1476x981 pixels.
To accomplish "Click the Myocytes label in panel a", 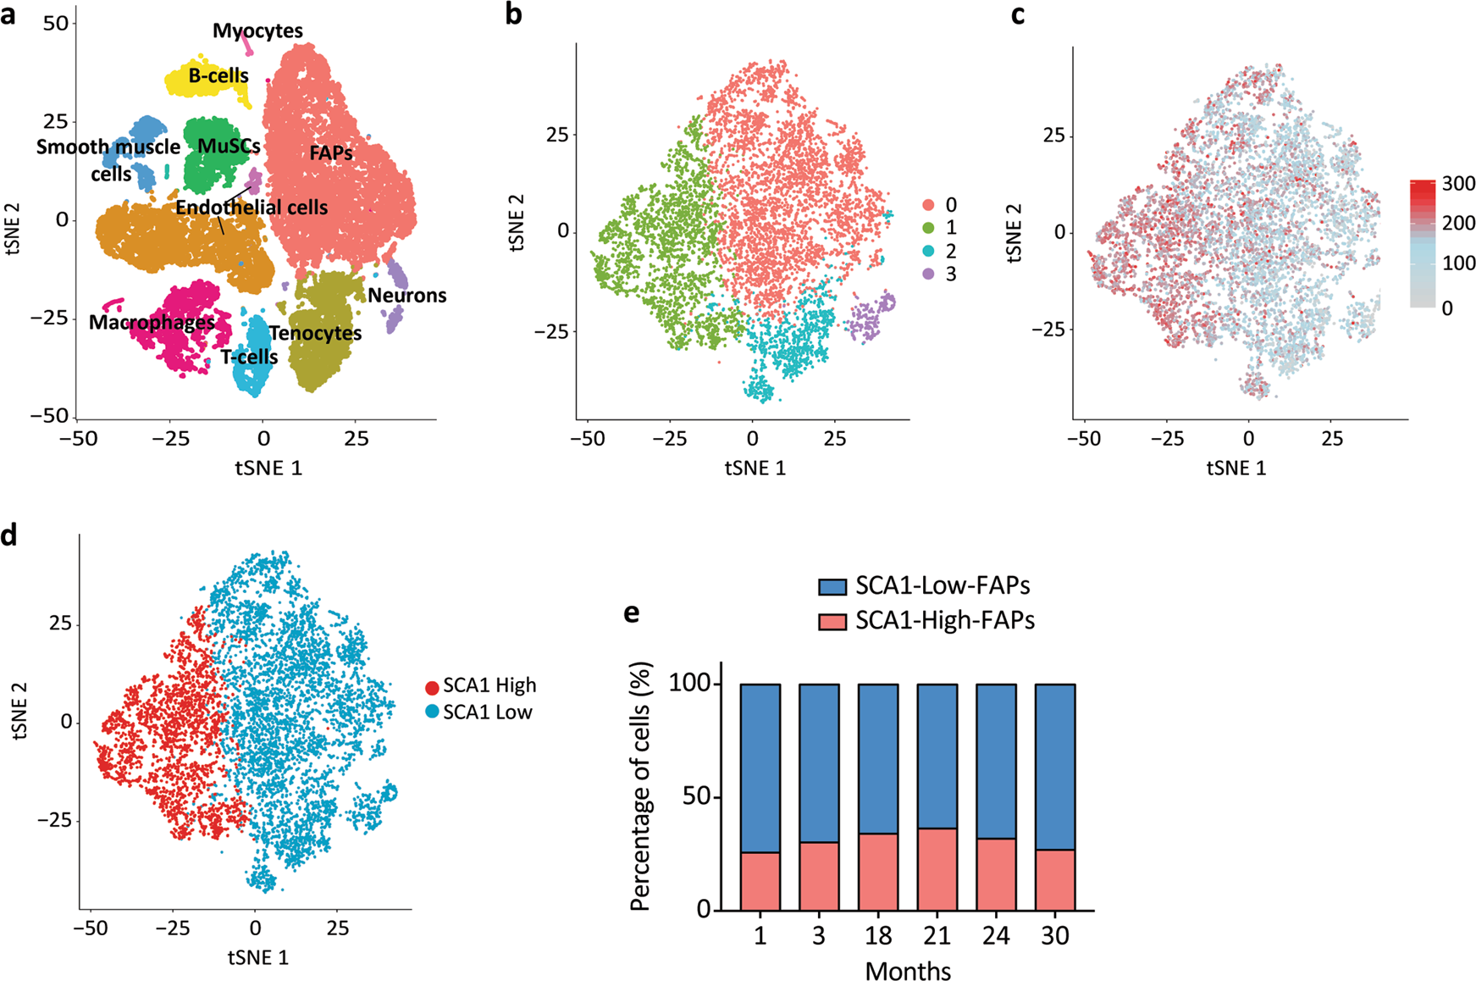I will pos(257,31).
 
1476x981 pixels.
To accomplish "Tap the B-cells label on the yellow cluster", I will pos(218,76).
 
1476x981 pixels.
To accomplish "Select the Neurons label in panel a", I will pos(406,296).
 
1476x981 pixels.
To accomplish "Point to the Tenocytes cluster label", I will pos(315,334).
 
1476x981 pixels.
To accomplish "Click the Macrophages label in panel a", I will pos(152,323).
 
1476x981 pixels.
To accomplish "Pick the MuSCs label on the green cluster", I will pos(229,147).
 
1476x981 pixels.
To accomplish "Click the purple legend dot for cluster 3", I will pos(928,274).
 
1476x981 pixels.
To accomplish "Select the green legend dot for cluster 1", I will pos(928,228).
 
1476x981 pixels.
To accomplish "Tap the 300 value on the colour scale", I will pos(1457,184).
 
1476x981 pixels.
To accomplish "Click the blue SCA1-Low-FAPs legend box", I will pos(832,587).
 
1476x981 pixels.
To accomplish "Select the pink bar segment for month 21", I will pos(937,869).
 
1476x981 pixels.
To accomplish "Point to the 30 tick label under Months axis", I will pos(1054,937).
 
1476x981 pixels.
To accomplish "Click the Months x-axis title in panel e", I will pos(908,971).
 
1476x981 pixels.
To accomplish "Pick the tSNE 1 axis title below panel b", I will pos(755,468).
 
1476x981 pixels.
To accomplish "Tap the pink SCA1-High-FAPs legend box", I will pos(832,622).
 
